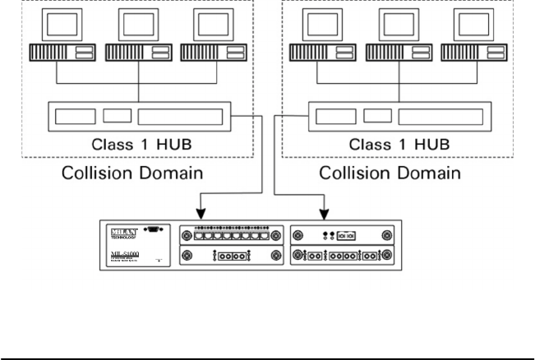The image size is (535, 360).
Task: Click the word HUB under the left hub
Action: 175,145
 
